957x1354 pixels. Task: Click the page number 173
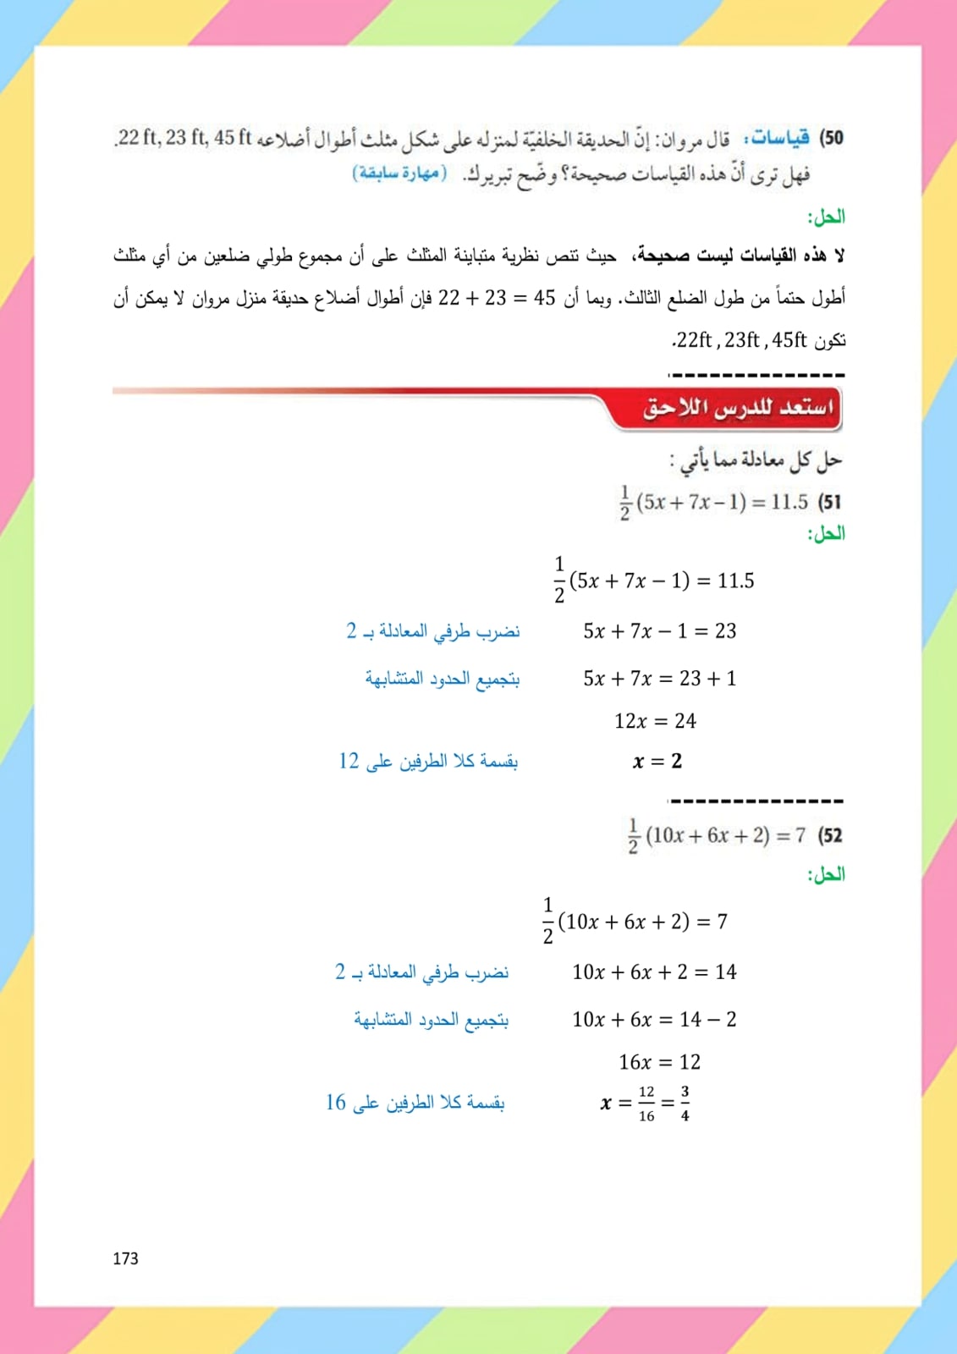coord(125,1258)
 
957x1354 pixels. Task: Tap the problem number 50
coord(833,137)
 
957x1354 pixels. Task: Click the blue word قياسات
coord(778,137)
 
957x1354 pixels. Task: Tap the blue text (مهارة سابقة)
coord(399,173)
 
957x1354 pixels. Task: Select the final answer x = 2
coord(657,762)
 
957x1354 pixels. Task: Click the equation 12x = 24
coord(655,721)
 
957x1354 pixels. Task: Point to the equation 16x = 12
coord(659,1062)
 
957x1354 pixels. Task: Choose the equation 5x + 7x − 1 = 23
coord(659,631)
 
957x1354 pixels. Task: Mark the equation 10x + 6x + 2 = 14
coord(654,972)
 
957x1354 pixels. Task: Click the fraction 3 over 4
coord(685,1104)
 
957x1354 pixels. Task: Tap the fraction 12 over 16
coord(646,1104)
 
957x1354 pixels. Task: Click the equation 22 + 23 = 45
coord(497,298)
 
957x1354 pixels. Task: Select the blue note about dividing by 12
coord(428,762)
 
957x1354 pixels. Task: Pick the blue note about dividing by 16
coord(415,1103)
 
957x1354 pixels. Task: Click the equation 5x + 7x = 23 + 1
coord(659,679)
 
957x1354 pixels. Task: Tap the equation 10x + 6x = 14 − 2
coord(654,1020)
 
